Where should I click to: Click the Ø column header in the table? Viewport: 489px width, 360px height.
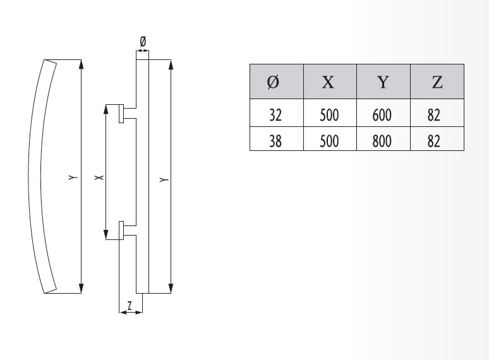click(276, 81)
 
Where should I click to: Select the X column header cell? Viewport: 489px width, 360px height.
click(329, 81)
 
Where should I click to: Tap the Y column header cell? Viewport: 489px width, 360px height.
click(383, 81)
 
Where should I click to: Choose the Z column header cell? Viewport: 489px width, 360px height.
click(437, 81)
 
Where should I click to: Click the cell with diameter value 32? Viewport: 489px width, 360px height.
click(276, 115)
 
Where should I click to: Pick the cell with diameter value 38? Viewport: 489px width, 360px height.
click(276, 140)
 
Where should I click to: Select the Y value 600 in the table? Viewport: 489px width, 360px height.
click(383, 115)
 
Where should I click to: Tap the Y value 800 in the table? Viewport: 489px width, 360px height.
click(383, 140)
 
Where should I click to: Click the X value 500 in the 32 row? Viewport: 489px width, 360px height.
click(329, 115)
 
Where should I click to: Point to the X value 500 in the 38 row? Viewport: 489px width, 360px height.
click(329, 140)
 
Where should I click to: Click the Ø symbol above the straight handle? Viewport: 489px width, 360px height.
click(142, 41)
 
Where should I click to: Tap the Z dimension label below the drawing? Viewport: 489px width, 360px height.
click(130, 305)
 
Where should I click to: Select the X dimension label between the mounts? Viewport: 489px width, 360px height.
click(97, 179)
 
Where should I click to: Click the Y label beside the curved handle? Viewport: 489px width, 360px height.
click(73, 179)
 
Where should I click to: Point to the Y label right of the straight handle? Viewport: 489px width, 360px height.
click(164, 180)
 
